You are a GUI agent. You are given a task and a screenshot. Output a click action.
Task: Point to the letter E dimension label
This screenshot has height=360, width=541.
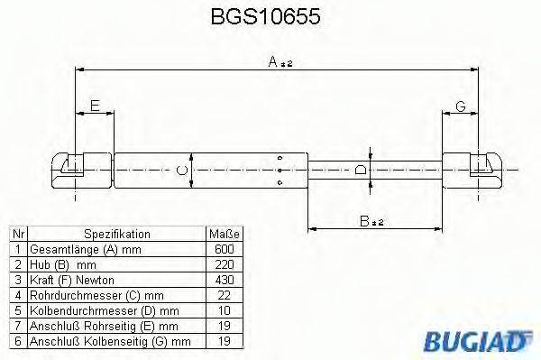(94, 106)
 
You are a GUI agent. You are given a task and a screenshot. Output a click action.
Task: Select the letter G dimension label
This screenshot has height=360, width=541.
(460, 106)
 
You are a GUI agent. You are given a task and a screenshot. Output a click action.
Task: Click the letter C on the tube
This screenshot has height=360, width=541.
(182, 170)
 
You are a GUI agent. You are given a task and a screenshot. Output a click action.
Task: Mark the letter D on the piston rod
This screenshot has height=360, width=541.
(361, 170)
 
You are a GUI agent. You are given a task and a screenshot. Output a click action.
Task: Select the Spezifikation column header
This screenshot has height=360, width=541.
(117, 234)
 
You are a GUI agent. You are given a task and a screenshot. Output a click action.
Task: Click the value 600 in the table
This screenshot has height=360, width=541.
(225, 249)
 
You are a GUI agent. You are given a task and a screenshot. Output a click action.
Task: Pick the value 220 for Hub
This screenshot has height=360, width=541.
(225, 264)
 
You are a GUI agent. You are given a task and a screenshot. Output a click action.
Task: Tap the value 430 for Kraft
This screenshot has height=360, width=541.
(225, 280)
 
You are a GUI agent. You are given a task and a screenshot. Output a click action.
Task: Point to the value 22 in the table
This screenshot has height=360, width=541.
(225, 295)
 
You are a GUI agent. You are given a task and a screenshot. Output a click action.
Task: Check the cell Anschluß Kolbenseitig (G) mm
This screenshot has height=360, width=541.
(110, 341)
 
